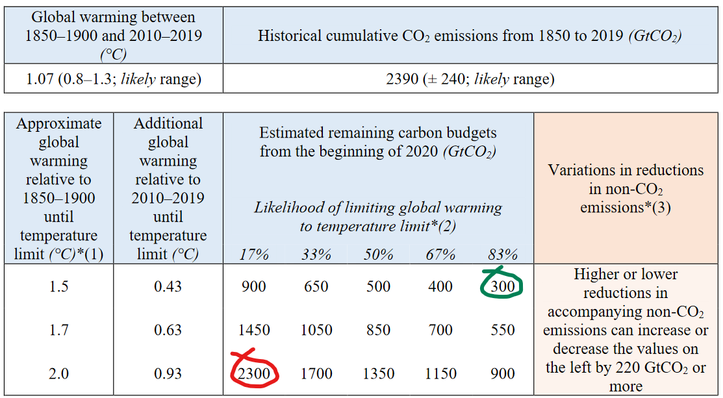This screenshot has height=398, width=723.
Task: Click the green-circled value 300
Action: [503, 286]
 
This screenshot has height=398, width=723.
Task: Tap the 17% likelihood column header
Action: [253, 254]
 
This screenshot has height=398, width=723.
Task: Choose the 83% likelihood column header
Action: [503, 254]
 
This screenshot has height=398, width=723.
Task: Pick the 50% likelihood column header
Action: [378, 254]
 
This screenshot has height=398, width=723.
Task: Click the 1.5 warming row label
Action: [58, 286]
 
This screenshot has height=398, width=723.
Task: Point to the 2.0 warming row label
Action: [58, 373]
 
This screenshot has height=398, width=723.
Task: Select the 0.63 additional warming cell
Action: [168, 330]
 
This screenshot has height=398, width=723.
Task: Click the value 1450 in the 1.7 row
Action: [253, 330]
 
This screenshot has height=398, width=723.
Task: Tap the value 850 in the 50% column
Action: [378, 330]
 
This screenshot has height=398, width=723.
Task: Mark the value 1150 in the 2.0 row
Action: [440, 373]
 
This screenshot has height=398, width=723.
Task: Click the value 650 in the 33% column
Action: [316, 286]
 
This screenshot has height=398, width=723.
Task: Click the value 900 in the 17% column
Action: [253, 286]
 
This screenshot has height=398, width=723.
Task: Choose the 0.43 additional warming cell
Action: [168, 286]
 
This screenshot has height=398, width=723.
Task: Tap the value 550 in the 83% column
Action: [503, 330]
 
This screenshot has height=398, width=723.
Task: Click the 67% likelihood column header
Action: [440, 254]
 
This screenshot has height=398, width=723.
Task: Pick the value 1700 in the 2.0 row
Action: [316, 373]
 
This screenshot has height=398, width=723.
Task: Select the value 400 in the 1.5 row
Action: [440, 286]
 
